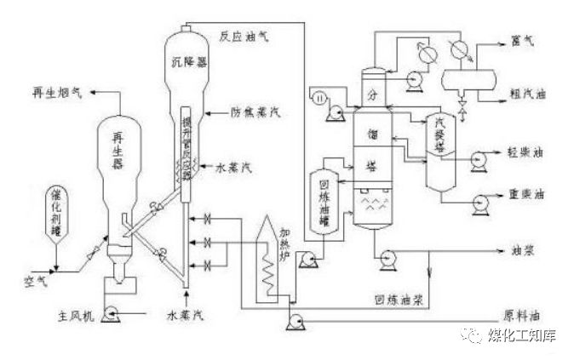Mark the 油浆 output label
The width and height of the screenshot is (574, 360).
(x=520, y=253)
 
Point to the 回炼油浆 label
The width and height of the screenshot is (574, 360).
(x=393, y=300)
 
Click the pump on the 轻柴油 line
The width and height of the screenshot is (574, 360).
(x=479, y=156)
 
